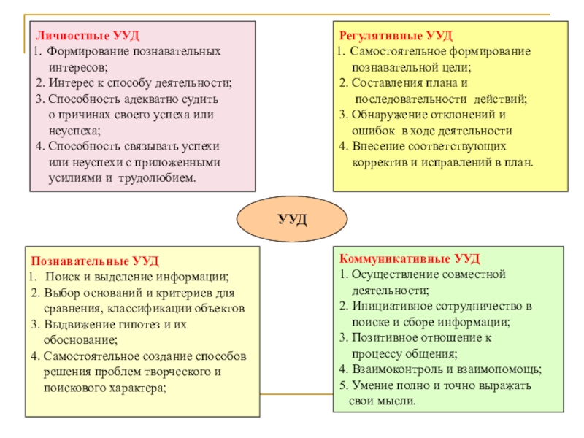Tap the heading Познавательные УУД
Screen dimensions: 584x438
pyautogui.click(x=94, y=261)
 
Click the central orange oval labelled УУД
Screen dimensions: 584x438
pyautogui.click(x=292, y=219)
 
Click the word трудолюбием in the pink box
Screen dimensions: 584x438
pyautogui.click(x=164, y=178)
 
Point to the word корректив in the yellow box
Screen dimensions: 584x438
pyautogui.click(x=376, y=163)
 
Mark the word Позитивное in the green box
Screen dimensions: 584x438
pyautogui.click(x=381, y=338)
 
